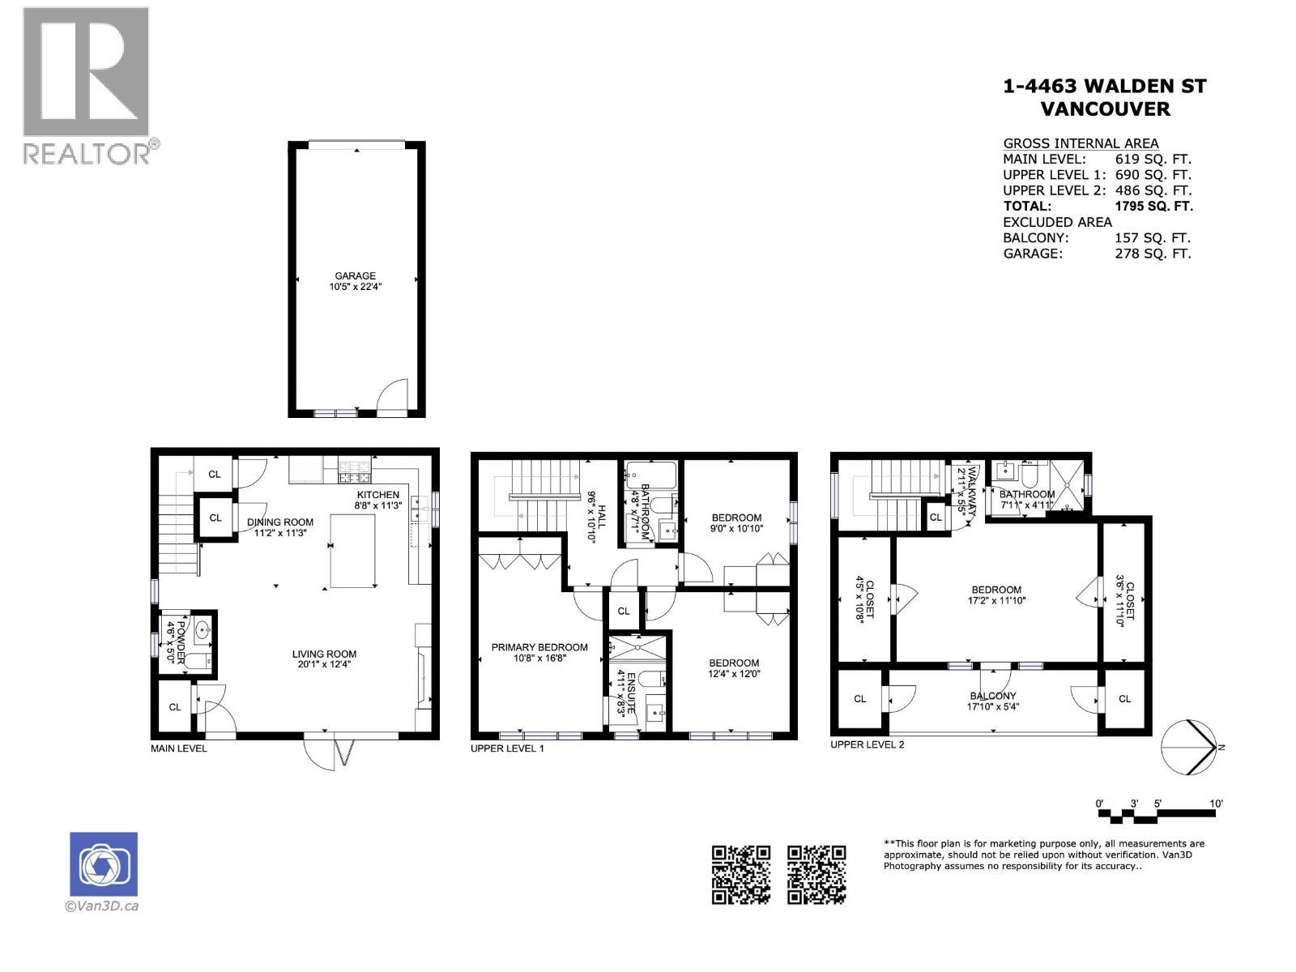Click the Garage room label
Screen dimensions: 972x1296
355,276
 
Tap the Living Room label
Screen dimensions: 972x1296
324,654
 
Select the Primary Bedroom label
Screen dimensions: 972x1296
539,647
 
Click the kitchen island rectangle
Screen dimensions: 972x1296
353,551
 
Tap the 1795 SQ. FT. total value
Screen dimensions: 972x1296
1153,206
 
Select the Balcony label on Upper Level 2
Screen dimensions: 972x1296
993,696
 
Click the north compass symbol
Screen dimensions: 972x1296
1188,747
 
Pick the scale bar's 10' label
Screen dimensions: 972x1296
1216,804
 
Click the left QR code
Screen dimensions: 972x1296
740,874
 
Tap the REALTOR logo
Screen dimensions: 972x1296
87,84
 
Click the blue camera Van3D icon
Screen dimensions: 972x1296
104,864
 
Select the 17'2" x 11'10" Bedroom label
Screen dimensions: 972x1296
995,590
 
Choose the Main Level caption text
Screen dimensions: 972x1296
179,748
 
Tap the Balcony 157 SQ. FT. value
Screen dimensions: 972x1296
1152,237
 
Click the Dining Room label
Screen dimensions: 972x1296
280,522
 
